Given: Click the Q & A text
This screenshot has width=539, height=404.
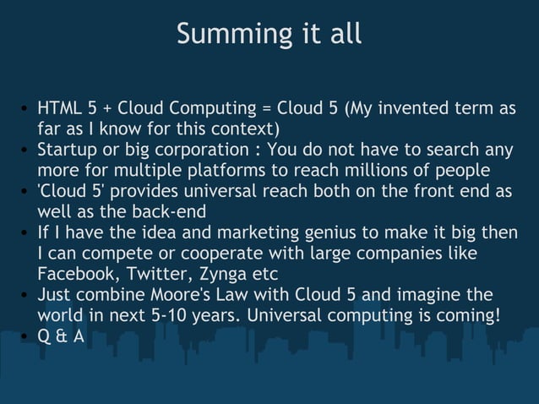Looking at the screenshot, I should pos(60,336).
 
